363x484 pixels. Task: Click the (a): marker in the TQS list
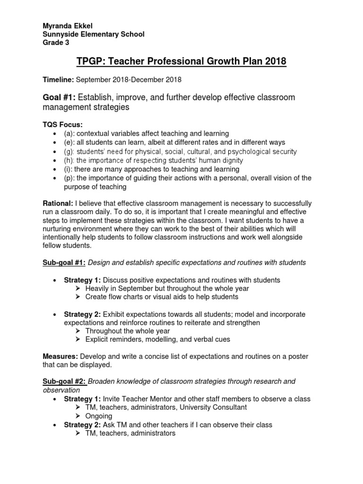pos(69,134)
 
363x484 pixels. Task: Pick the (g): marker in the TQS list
pos(69,152)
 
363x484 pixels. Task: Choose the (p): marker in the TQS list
pos(69,178)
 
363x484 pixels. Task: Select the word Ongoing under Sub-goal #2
pos(99,416)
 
